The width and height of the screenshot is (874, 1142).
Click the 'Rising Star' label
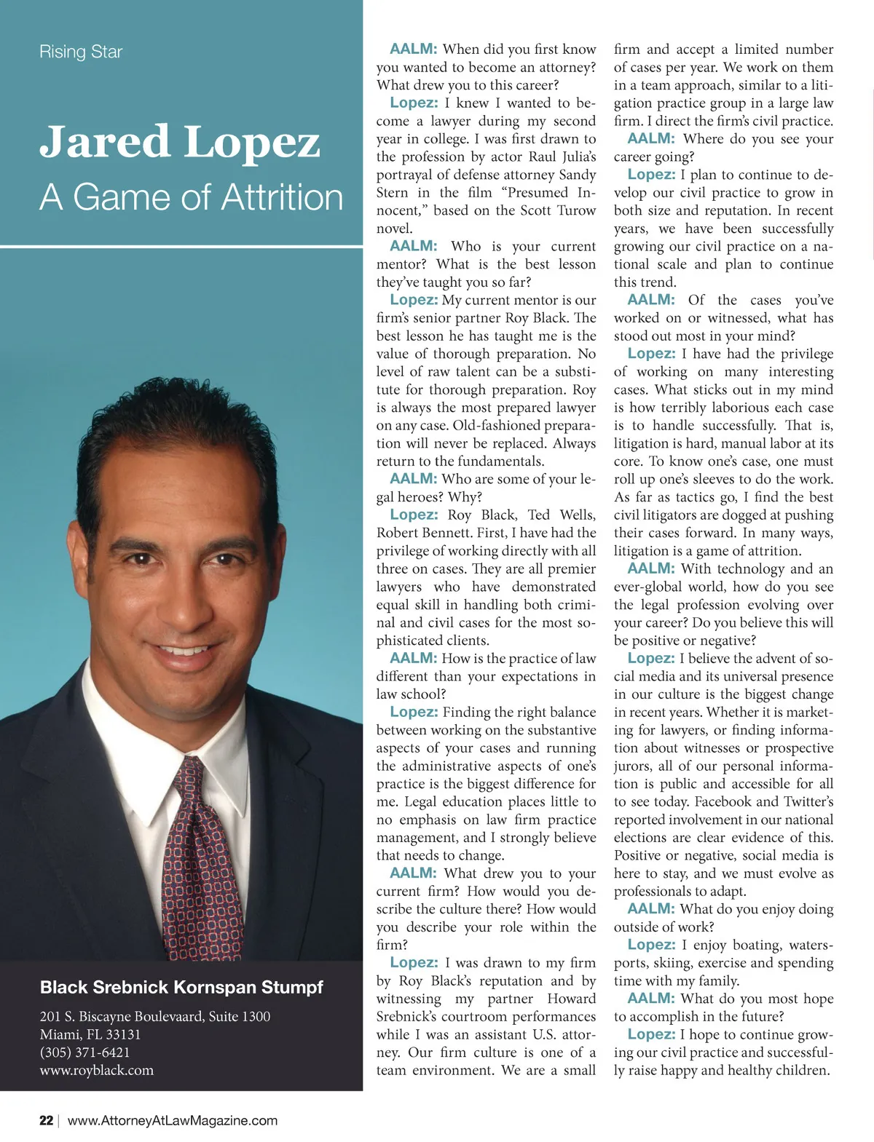(81, 52)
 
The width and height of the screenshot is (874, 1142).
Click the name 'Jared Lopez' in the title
(179, 141)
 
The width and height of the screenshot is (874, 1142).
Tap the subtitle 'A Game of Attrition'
(191, 197)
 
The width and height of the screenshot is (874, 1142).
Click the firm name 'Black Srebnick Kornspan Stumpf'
(181, 987)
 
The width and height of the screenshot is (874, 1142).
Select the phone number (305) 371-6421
(85, 1052)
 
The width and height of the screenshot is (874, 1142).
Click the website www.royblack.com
(97, 1070)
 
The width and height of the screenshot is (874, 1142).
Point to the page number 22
(46, 1120)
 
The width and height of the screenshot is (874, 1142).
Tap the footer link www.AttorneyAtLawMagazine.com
(173, 1120)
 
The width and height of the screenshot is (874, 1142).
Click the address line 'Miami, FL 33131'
(90, 1034)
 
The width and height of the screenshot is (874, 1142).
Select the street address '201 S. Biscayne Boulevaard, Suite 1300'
(155, 1016)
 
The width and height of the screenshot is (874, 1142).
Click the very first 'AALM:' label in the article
(413, 49)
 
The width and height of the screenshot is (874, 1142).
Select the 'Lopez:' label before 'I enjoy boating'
(651, 945)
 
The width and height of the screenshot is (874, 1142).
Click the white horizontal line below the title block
(181, 247)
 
